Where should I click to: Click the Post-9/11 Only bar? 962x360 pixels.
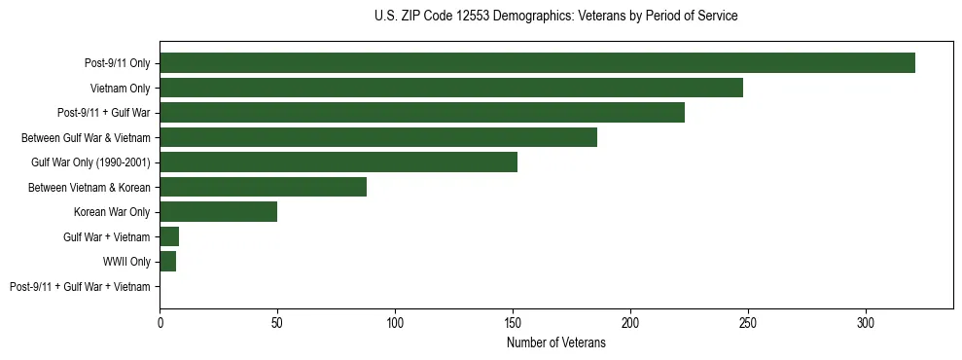[537, 63]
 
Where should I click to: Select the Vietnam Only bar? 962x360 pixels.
[451, 88]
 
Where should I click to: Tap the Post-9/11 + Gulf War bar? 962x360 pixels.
[422, 113]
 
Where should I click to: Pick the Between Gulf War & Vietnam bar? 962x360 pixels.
[378, 137]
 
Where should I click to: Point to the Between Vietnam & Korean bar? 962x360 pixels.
[263, 187]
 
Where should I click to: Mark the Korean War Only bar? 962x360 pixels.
[219, 212]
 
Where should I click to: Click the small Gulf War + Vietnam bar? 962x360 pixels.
[169, 236]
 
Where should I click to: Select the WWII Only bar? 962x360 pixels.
[168, 262]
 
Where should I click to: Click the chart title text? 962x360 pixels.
[555, 17]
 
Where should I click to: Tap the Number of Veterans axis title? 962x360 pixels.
[555, 342]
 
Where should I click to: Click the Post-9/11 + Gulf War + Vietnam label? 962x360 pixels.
[80, 287]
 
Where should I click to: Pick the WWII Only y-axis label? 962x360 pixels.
[126, 262]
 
